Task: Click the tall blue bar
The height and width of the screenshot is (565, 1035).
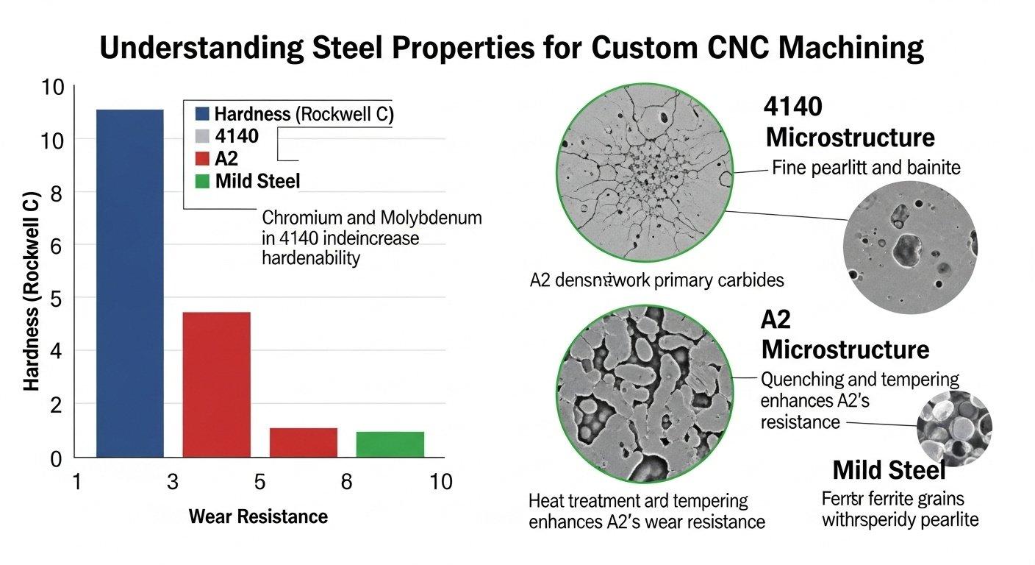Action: pyautogui.click(x=130, y=282)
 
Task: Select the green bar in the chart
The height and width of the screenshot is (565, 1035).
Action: pyautogui.click(x=390, y=444)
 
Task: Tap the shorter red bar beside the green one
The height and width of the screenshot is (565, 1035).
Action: pyautogui.click(x=303, y=441)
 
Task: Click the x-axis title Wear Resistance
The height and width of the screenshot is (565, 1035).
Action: pyautogui.click(x=258, y=516)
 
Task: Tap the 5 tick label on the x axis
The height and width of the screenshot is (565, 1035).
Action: pyautogui.click(x=259, y=482)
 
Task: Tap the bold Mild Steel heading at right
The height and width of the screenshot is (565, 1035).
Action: pyautogui.click(x=889, y=469)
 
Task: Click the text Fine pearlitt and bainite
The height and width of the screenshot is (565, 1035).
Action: pyautogui.click(x=866, y=168)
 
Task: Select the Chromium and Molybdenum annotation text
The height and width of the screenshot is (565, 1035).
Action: pyautogui.click(x=372, y=238)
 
